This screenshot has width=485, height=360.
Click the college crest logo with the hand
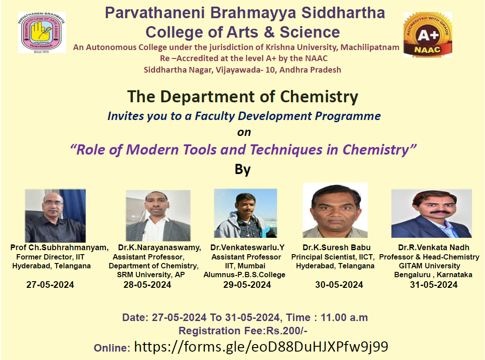pos(42,33)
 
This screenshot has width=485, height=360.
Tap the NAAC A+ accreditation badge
pos(428,35)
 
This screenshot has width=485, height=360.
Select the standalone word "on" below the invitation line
pos(244,132)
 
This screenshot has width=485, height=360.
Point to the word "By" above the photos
pos(243,170)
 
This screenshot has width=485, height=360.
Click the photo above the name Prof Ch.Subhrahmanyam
pos(55,216)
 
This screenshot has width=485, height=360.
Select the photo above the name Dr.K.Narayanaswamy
pos(158,216)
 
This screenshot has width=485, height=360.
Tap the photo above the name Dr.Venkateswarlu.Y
pos(245,213)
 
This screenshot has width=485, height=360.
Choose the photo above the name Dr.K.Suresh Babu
pos(335,210)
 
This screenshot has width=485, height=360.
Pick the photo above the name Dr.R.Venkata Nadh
pos(431,213)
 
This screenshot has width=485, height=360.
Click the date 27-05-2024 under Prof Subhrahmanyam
pos(50,285)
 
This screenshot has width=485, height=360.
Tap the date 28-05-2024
pos(147,285)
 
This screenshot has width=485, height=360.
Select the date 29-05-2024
pos(247,285)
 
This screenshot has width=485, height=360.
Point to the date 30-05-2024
pos(339,285)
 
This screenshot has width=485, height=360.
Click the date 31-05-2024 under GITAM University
pos(434,285)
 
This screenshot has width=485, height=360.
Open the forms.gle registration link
pos(261,347)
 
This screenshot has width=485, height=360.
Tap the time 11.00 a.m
pos(344,317)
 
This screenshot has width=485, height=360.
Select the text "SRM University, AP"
pos(151,275)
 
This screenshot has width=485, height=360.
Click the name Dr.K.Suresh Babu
pos(337,248)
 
